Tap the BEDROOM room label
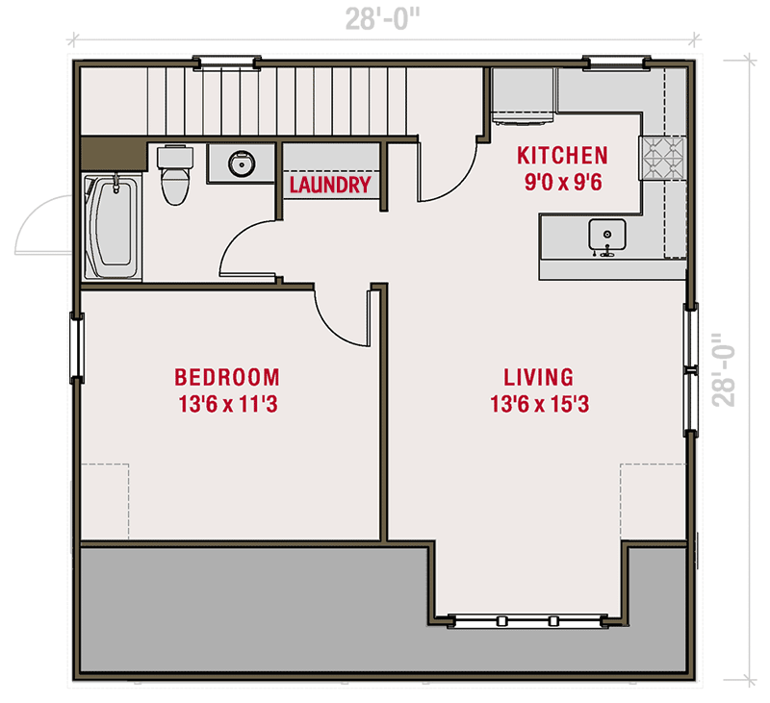click(227, 376)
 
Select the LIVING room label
click(539, 376)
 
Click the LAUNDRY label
click(330, 185)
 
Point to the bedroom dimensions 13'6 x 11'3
click(227, 405)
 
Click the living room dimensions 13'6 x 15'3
click(539, 405)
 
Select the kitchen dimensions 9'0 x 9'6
click(562, 182)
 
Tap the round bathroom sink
click(242, 163)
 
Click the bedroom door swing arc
click(337, 317)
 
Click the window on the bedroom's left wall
click(75, 347)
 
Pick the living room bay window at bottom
click(527, 620)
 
